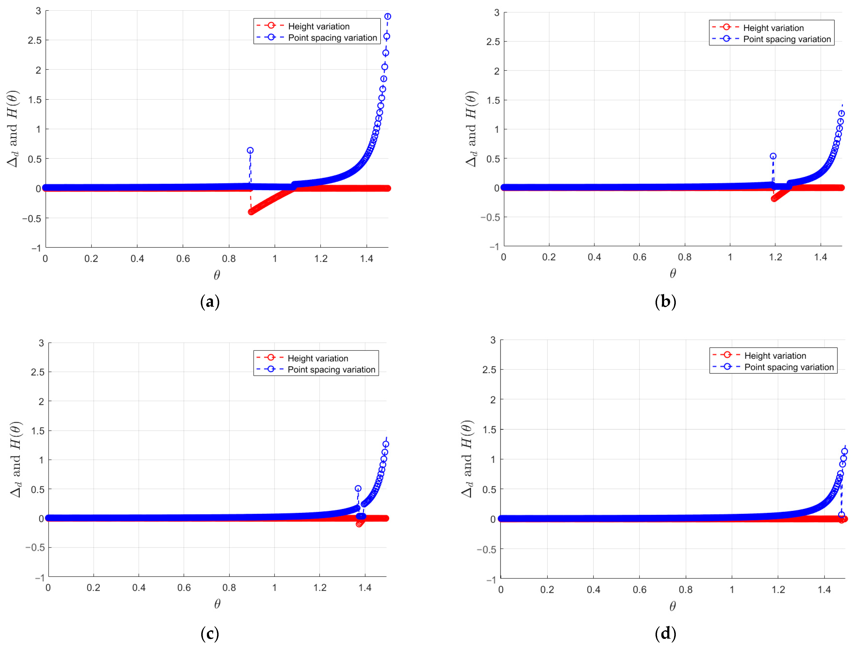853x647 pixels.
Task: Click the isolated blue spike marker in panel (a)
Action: coord(250,150)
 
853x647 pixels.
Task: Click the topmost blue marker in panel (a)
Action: coord(388,16)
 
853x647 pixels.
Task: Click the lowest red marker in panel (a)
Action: coord(251,212)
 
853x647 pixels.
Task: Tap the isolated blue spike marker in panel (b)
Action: coord(773,156)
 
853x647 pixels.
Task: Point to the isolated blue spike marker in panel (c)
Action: coord(358,488)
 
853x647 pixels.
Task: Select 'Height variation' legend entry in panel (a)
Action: coord(318,26)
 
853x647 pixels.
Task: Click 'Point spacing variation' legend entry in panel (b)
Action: coord(787,39)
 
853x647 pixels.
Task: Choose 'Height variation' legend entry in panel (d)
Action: coord(775,356)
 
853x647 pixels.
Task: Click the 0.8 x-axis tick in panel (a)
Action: coord(229,259)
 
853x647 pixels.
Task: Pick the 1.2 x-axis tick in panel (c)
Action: coord(320,588)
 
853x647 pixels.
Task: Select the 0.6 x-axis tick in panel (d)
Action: coord(639,590)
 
